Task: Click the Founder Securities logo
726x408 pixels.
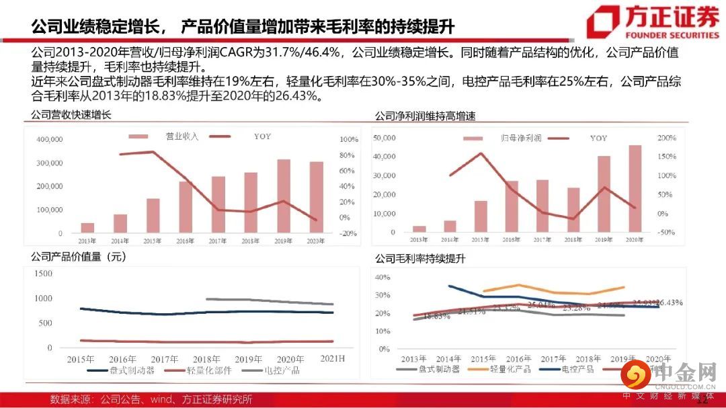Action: click(x=651, y=22)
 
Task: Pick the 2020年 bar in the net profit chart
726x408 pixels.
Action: click(x=635, y=189)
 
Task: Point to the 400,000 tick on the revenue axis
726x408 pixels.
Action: click(x=47, y=139)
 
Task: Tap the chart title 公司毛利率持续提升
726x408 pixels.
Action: click(x=420, y=257)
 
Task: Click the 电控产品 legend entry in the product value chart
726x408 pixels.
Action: click(x=282, y=370)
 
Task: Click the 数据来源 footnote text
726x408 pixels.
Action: click(x=151, y=399)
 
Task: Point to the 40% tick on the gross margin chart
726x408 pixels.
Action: click(x=381, y=277)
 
